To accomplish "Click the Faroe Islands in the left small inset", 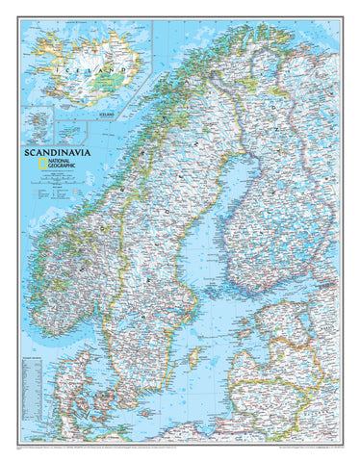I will [41, 123].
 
